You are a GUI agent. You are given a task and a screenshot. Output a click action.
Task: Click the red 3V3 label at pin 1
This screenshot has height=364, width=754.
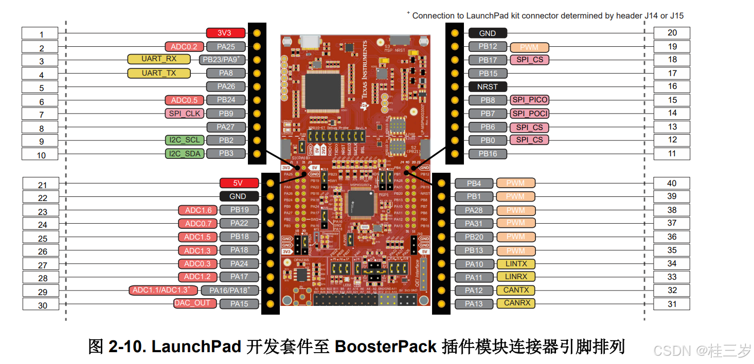(224, 33)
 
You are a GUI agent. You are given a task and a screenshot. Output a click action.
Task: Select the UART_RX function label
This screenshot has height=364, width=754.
(159, 59)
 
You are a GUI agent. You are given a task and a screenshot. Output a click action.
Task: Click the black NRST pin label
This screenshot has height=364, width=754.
(487, 87)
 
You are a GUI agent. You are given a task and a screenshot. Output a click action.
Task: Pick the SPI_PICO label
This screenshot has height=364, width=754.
(529, 100)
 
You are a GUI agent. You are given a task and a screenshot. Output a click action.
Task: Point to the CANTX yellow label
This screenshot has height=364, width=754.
(516, 290)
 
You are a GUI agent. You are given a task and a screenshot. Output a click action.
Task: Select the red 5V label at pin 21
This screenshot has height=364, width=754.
(238, 183)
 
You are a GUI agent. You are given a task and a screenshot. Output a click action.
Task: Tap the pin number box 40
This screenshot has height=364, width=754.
(672, 184)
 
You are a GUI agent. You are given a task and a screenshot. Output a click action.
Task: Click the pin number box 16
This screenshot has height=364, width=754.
(672, 86)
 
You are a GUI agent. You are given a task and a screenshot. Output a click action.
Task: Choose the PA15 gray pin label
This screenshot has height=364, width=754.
(239, 304)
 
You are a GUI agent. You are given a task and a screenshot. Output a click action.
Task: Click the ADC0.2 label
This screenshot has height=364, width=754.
(184, 47)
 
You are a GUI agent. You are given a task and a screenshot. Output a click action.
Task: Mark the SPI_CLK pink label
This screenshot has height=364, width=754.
(184, 114)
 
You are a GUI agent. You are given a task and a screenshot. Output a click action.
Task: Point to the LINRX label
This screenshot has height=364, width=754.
(516, 277)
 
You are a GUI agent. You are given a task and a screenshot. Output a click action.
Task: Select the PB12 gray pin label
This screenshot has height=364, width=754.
(488, 47)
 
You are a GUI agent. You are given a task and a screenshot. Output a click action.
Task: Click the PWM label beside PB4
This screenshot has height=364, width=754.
(515, 183)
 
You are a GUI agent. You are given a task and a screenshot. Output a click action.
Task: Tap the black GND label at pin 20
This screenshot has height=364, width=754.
(487, 33)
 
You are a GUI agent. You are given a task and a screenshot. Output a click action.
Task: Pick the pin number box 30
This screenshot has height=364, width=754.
(42, 305)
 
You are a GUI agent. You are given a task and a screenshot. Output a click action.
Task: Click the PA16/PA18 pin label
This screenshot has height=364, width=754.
(232, 290)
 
